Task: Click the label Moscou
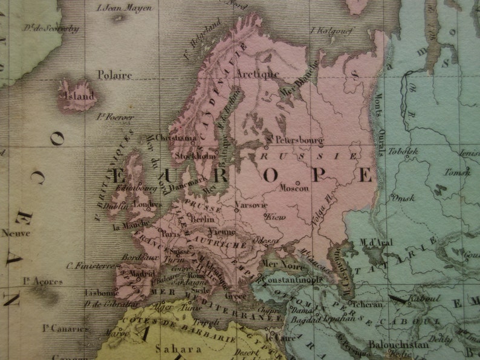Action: [x=294, y=188]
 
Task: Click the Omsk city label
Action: [x=403, y=197]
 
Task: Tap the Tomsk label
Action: [x=457, y=172]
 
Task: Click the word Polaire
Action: [x=114, y=75]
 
